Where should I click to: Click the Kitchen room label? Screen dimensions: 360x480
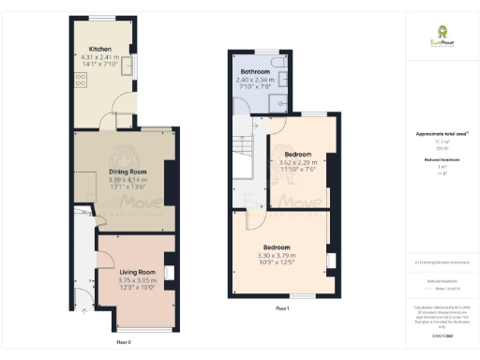click(x=101, y=49)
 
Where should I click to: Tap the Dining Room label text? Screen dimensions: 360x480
click(x=124, y=172)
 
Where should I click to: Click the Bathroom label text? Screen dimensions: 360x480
click(x=256, y=72)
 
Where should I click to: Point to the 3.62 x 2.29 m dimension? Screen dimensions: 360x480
click(x=298, y=161)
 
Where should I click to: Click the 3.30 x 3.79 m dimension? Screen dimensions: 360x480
click(x=277, y=255)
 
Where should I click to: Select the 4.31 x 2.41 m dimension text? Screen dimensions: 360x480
click(x=101, y=57)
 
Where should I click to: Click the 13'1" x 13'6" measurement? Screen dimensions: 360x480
click(x=124, y=187)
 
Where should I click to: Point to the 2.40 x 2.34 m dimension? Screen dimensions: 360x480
click(x=256, y=80)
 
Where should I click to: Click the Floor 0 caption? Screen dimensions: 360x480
click(x=123, y=342)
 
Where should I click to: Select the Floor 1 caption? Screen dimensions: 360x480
click(x=282, y=307)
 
